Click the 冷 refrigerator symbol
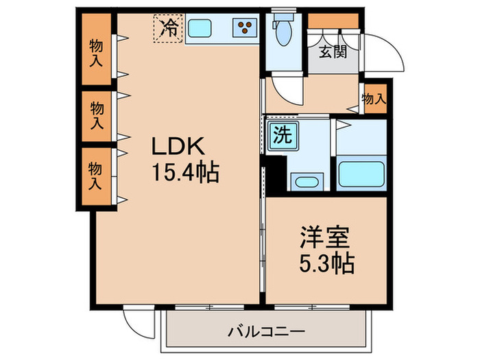pyautogui.click(x=167, y=28)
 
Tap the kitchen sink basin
pyautogui.click(x=200, y=29)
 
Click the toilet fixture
pyautogui.click(x=282, y=31)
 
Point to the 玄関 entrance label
pyautogui.click(x=332, y=51)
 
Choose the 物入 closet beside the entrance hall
pyautogui.click(x=374, y=99)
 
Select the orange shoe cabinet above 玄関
pyautogui.click(x=333, y=21)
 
